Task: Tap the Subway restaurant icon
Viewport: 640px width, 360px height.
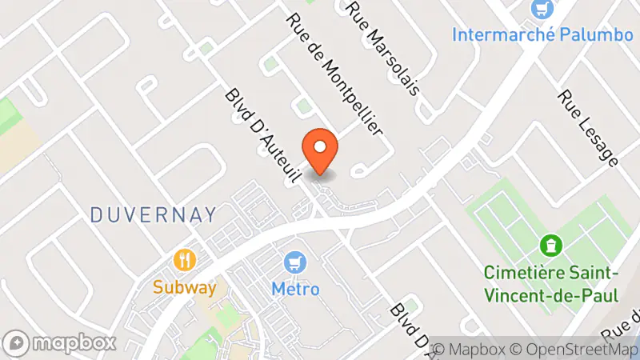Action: coord(186,260)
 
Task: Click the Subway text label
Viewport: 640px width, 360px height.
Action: coord(186,287)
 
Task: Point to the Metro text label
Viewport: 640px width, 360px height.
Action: coord(295,288)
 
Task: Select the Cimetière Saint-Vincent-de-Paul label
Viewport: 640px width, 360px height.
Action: coord(551,283)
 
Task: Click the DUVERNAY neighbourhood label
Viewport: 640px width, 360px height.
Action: coord(154,214)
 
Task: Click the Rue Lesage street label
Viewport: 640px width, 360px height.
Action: coord(588,128)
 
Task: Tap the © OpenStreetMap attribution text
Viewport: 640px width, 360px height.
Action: coord(575,350)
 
